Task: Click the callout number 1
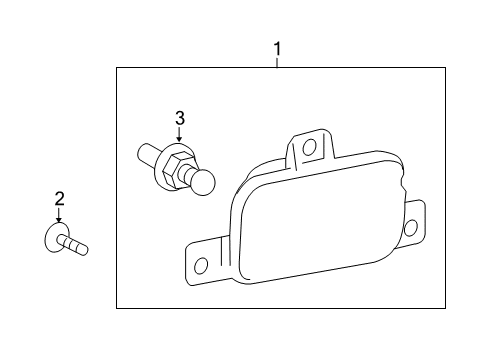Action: click(277, 49)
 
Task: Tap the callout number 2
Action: click(59, 199)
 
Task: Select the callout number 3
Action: click(180, 118)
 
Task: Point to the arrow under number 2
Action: click(59, 215)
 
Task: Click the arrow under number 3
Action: click(180, 135)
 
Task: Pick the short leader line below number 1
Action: click(277, 63)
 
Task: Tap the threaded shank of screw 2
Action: click(73, 245)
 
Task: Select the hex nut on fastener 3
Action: click(175, 169)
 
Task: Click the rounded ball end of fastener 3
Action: click(203, 182)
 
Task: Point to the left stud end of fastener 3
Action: click(148, 154)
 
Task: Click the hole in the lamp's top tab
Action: click(310, 146)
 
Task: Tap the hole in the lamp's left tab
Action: click(201, 266)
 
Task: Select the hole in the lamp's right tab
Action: click(411, 228)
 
